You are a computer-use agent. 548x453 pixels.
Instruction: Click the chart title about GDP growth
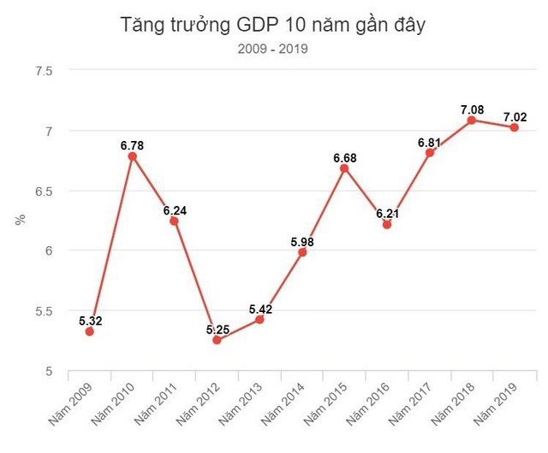[274, 26]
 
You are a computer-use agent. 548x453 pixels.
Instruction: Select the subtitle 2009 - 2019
[274, 49]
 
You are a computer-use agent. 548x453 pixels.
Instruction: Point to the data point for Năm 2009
[89, 331]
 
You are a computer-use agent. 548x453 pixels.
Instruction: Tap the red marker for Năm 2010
[132, 156]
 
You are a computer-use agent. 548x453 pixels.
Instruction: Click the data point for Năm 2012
[217, 339]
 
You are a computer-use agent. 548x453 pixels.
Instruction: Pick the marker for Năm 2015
[344, 168]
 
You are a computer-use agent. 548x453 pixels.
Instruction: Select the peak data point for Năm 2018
[472, 121]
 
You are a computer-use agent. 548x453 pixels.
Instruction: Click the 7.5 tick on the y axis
[44, 71]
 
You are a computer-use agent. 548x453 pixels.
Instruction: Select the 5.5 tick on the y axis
[44, 310]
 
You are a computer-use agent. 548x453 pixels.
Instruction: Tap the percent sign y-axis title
[19, 221]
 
